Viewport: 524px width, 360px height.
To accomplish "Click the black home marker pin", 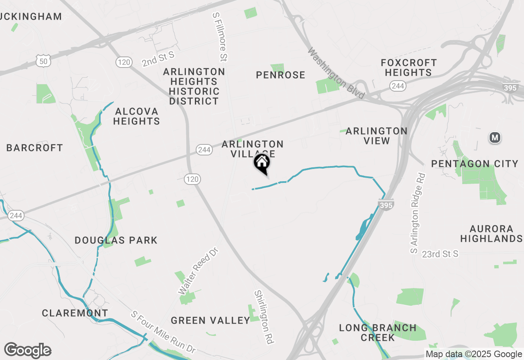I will point(262,163).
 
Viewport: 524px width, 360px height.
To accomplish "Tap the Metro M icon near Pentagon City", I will point(495,137).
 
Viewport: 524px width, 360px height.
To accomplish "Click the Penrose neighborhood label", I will point(280,75).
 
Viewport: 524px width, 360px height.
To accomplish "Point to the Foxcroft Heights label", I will point(409,67).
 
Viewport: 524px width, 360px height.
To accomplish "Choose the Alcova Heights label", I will point(136,116).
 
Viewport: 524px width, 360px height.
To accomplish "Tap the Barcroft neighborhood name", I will point(35,148).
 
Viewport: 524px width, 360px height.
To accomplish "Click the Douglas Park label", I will point(116,240).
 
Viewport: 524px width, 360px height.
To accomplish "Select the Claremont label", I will point(75,313).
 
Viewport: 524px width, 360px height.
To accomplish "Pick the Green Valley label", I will point(210,320).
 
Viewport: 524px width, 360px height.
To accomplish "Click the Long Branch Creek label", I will point(377,333).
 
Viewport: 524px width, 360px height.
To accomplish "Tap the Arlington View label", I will point(376,136).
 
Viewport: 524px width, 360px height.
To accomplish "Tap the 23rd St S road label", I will point(440,254).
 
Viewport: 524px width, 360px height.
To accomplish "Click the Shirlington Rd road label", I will point(264,317).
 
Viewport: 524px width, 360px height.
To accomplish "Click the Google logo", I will point(27,350).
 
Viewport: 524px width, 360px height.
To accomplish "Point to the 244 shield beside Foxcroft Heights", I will point(398,86).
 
